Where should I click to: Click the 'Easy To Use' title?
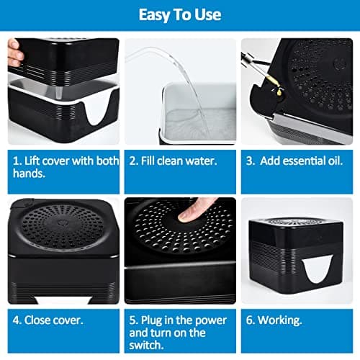coord(180,15)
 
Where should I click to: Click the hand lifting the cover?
coord(14,53)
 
